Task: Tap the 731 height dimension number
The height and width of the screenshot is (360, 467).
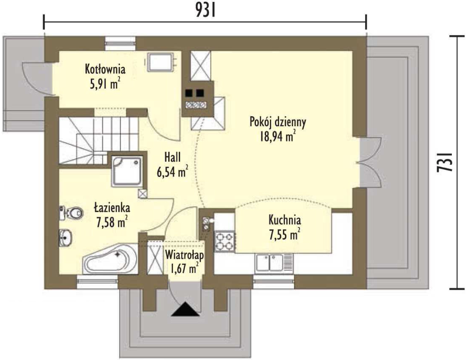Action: pos(448,162)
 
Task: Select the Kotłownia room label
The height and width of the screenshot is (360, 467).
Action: pos(105,69)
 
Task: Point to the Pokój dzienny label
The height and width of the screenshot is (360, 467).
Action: pos(278,122)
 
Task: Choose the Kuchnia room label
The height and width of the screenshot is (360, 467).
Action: pos(285,220)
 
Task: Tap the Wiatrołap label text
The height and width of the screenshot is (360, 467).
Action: pos(184,255)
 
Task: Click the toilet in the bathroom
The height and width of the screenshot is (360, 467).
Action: pos(70,213)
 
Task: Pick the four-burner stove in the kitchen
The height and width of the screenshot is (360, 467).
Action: pos(224,241)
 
